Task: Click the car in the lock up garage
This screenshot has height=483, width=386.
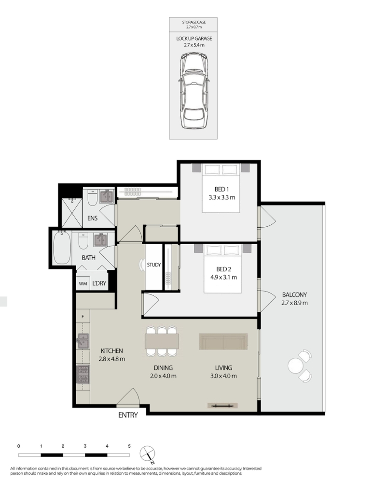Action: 193,90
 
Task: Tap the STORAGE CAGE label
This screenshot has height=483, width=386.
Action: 193,22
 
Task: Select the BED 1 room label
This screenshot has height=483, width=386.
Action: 221,189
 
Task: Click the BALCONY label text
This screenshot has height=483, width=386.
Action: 294,295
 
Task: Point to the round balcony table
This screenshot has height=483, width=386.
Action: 295,366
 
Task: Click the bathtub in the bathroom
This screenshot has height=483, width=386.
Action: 62,249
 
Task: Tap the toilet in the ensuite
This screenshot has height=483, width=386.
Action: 93,198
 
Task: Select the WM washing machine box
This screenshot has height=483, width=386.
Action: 83,283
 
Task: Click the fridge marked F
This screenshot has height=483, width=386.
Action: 83,316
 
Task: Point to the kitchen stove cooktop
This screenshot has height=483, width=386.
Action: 83,374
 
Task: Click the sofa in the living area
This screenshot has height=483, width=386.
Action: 223,341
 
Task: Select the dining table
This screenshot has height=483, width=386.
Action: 162,341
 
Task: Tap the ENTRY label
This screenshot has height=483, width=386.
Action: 128,415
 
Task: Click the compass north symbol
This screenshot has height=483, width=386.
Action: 148,454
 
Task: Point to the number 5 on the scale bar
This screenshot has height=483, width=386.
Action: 129,446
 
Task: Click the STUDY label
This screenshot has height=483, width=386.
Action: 153,264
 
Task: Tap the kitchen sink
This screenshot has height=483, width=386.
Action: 83,341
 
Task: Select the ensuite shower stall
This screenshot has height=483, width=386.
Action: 72,213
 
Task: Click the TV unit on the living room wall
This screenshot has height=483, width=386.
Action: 222,406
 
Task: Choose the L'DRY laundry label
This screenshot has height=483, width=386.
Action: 99,283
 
